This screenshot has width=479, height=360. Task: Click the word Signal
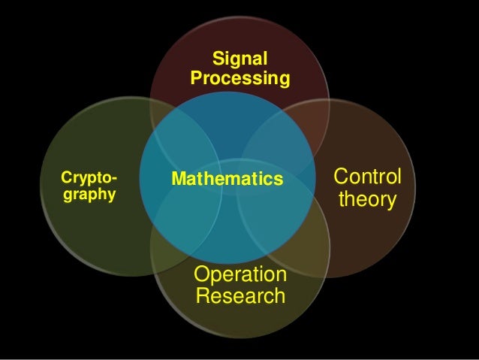[x=239, y=59]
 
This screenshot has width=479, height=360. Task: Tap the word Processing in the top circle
[x=239, y=77]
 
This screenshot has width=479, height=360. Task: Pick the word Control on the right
[x=367, y=178]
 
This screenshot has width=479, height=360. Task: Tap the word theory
[x=367, y=200]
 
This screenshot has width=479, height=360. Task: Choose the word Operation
[x=240, y=274]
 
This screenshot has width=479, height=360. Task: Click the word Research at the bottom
[x=240, y=295]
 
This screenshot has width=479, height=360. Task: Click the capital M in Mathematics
[x=179, y=179]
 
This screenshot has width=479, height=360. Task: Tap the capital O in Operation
[x=202, y=274]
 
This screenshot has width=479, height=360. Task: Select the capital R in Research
[x=202, y=295]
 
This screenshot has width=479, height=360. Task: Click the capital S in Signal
[x=218, y=59]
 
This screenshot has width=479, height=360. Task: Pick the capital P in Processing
[x=197, y=77]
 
